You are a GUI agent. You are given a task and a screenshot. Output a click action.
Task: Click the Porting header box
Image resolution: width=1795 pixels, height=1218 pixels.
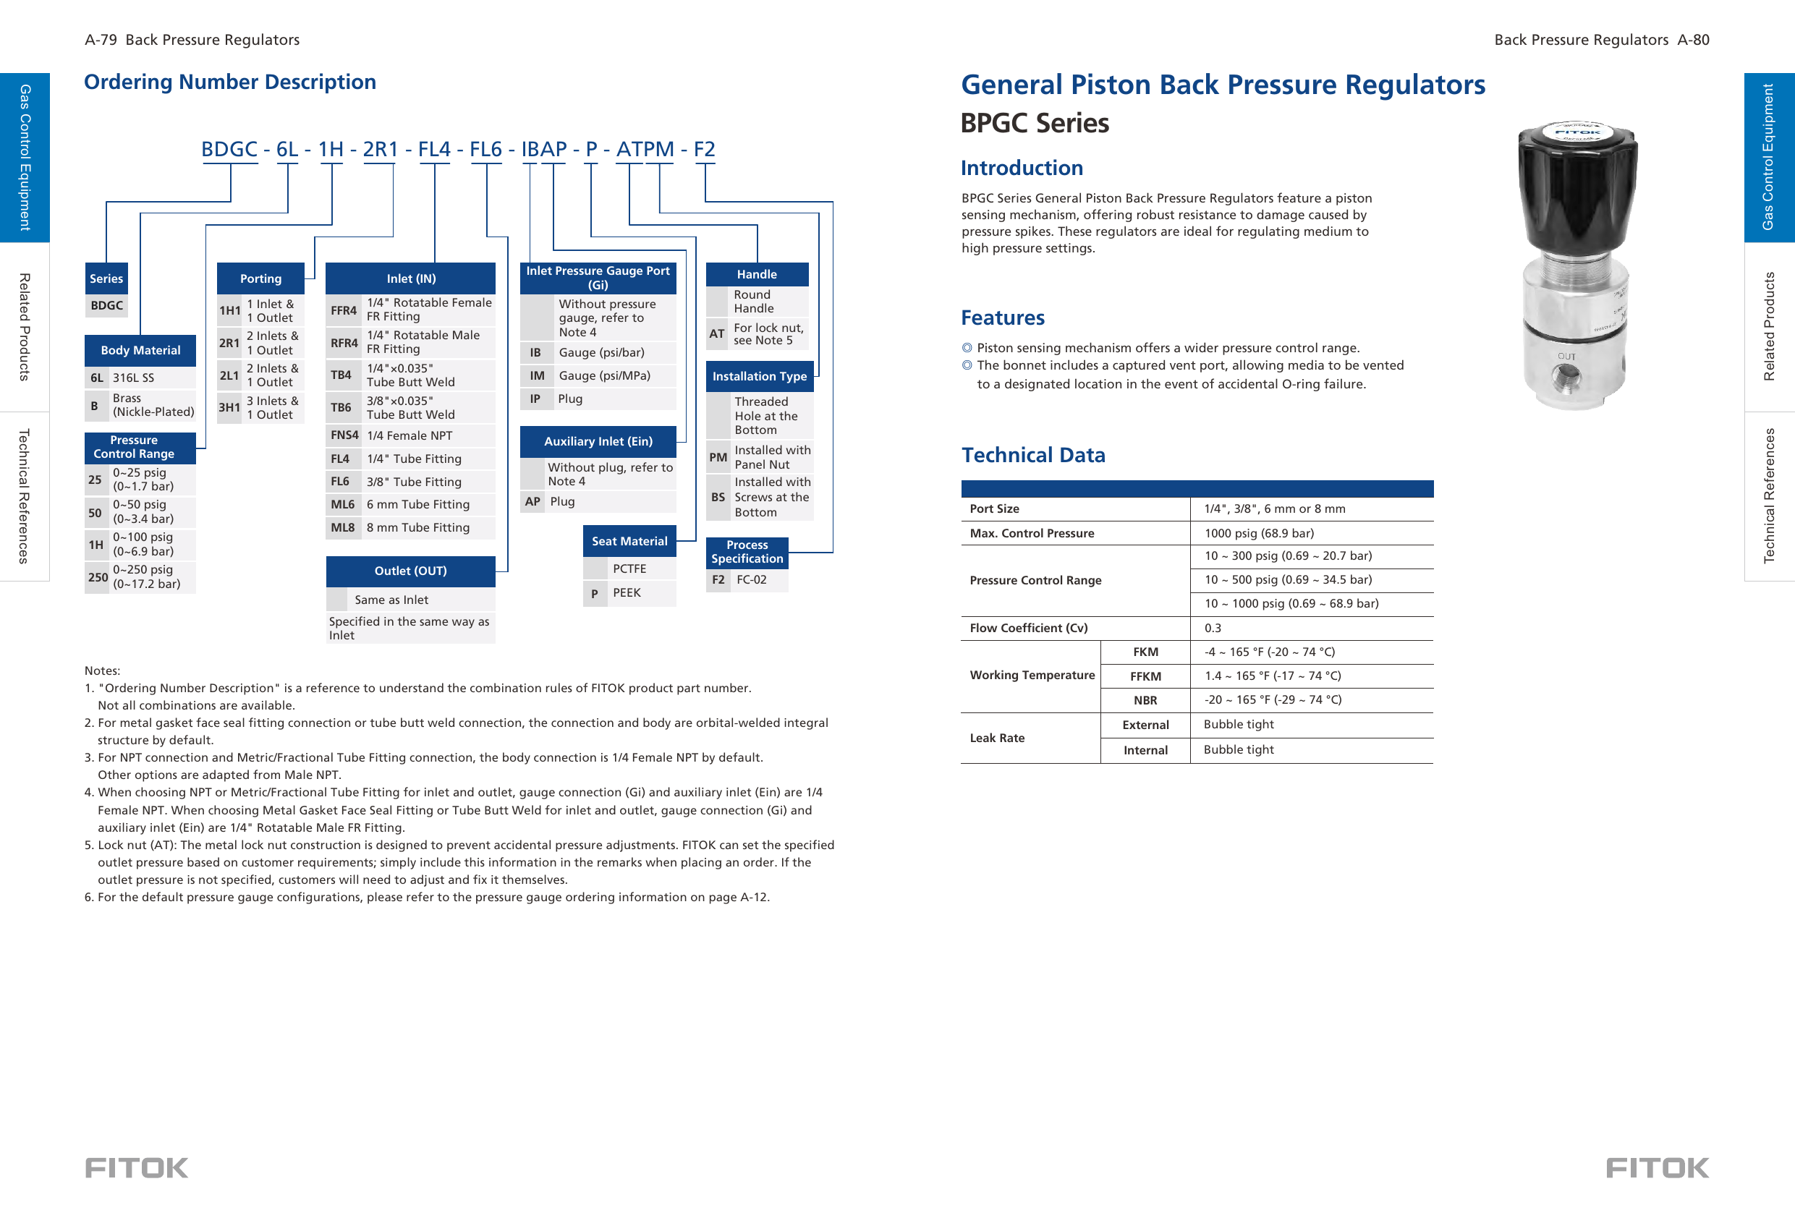tap(260, 278)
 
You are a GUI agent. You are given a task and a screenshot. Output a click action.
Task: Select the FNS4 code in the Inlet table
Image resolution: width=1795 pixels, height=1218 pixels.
tap(344, 435)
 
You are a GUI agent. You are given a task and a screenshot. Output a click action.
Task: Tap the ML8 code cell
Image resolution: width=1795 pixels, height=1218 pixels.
tap(342, 527)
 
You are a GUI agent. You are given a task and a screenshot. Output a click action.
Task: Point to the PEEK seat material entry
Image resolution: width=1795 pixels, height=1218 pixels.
tap(627, 593)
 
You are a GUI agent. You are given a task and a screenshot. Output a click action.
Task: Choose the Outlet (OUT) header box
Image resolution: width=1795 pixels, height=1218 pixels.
tap(410, 571)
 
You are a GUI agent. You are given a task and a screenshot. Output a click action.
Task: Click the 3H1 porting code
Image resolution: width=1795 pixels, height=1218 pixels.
tap(229, 408)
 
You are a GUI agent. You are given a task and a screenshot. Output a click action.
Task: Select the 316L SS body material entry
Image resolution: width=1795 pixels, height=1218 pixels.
tap(134, 378)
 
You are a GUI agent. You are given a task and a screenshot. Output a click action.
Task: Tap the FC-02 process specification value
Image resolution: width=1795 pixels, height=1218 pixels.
tap(751, 580)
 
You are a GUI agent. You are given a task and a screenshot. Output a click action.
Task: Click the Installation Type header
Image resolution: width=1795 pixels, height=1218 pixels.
tap(758, 377)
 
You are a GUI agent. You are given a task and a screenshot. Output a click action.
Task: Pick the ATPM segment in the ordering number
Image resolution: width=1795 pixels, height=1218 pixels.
tap(645, 149)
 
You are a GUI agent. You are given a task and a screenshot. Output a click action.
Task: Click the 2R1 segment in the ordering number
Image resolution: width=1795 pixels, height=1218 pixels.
tap(380, 149)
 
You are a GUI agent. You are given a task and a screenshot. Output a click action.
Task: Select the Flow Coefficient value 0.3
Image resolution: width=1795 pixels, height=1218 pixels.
tap(1213, 628)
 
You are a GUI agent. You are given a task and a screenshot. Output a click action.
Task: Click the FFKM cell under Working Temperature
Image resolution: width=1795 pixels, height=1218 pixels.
tap(1145, 676)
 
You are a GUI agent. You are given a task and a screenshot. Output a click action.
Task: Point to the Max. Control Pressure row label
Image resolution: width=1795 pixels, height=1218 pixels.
tap(1031, 533)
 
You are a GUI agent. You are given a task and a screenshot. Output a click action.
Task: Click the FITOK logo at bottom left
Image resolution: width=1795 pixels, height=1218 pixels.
tap(137, 1167)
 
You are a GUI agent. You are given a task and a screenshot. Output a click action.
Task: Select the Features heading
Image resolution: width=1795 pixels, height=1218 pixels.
tap(1002, 318)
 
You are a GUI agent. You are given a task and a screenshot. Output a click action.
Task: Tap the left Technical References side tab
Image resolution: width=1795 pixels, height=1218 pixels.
tap(24, 496)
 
